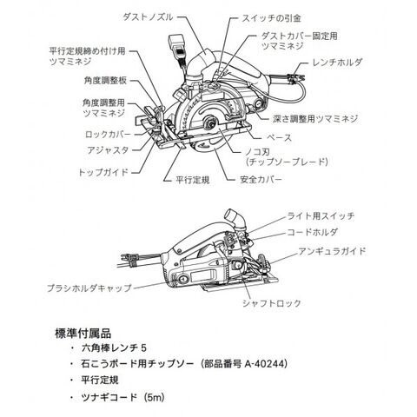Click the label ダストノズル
[148, 17]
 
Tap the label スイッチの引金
[271, 18]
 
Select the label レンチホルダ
[337, 63]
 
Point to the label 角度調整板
[105, 81]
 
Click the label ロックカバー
[108, 135]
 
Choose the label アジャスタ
[108, 150]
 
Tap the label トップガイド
[103, 172]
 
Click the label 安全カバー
[261, 180]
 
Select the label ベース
[278, 138]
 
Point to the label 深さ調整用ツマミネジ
[315, 119]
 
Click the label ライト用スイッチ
[321, 216]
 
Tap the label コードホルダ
[312, 232]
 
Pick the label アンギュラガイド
[332, 251]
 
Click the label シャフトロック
[272, 303]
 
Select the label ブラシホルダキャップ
[89, 288]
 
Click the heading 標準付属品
[83, 334]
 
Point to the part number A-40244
[265, 364]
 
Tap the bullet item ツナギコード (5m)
[122, 397]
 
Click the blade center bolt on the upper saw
[209, 122]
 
